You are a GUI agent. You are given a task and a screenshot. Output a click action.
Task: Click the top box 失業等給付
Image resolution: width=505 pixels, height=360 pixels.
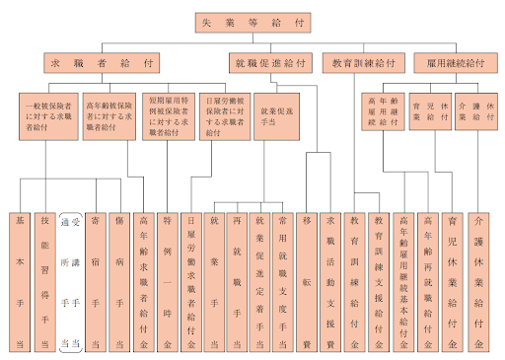click(252, 20)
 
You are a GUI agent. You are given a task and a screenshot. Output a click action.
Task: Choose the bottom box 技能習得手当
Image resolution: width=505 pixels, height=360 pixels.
click(45, 280)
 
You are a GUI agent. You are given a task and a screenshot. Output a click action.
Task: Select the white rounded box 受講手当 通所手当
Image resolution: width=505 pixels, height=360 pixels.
click(70, 280)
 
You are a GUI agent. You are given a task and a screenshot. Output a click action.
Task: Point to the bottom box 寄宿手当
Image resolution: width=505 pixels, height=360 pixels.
click(95, 280)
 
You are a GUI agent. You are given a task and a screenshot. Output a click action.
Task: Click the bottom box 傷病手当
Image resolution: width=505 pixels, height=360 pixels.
click(119, 280)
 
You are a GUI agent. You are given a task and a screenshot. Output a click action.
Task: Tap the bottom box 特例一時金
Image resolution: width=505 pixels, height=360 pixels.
click(168, 280)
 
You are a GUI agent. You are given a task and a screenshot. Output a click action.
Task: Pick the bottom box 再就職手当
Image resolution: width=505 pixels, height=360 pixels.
click(237, 280)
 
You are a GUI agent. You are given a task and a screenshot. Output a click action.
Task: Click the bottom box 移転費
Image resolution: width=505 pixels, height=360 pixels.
click(307, 280)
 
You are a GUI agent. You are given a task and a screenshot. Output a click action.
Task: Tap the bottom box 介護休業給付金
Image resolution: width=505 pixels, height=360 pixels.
click(478, 280)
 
